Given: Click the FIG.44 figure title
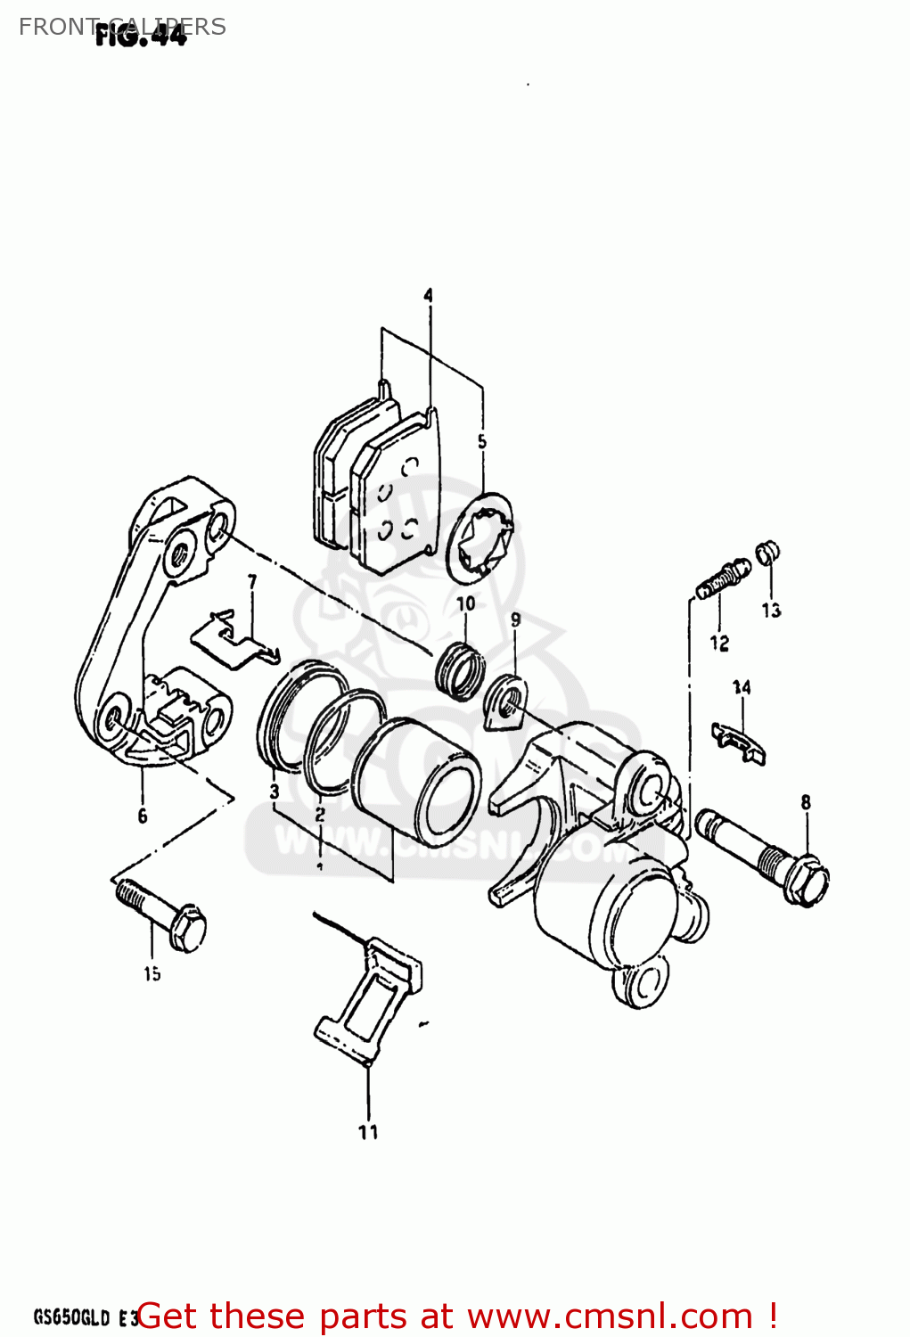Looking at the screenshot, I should pyautogui.click(x=141, y=36).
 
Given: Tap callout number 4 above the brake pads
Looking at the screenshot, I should pyautogui.click(x=428, y=295).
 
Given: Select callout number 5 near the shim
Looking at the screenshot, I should pyautogui.click(x=481, y=442).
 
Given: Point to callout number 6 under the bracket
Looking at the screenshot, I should pyautogui.click(x=143, y=816).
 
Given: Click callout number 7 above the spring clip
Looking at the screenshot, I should pyautogui.click(x=252, y=581).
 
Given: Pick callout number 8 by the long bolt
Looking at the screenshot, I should pyautogui.click(x=806, y=802).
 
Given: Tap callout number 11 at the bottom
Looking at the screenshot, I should pyautogui.click(x=368, y=1132).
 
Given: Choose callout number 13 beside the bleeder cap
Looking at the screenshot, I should pyautogui.click(x=771, y=610).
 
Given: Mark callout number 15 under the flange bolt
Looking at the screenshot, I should pyautogui.click(x=152, y=974).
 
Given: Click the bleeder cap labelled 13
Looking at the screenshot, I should pyautogui.click(x=767, y=553).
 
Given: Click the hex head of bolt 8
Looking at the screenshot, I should pyautogui.click(x=806, y=881).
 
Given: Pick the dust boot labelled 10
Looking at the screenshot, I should pyautogui.click(x=460, y=669).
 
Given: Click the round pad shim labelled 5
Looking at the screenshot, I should pyautogui.click(x=481, y=535).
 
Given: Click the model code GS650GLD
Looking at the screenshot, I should pyautogui.click(x=71, y=1317).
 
